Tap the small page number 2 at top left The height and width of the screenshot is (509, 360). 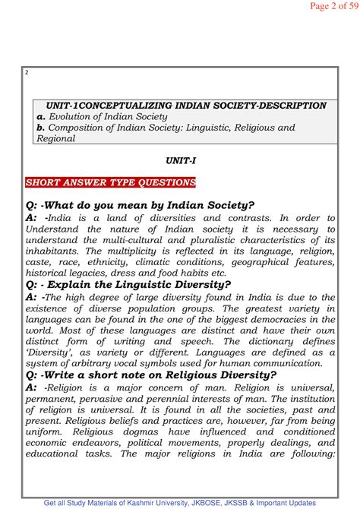(27, 73)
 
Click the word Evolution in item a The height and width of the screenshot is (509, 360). (74, 117)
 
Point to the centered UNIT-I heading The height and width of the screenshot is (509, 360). (180, 161)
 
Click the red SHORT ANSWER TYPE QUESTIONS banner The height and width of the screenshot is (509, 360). (112, 183)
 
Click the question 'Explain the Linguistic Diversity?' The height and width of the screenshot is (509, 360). (140, 284)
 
